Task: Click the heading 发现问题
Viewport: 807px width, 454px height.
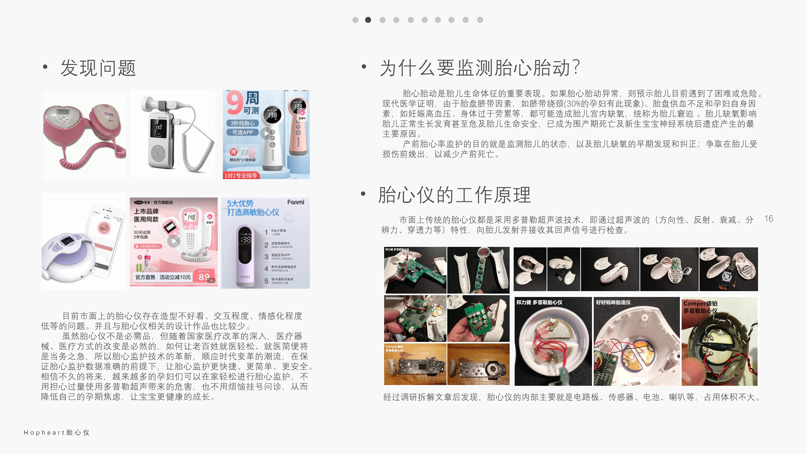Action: pyautogui.click(x=98, y=68)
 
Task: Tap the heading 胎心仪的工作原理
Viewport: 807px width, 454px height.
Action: pyautogui.click(x=454, y=195)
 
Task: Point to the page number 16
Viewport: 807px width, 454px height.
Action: pyautogui.click(x=768, y=219)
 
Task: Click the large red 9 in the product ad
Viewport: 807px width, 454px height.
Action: pyautogui.click(x=234, y=103)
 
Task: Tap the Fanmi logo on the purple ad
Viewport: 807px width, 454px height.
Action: pyautogui.click(x=295, y=202)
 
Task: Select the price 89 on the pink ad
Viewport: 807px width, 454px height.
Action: pyautogui.click(x=204, y=277)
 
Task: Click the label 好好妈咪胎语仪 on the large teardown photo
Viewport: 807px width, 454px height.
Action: pyautogui.click(x=613, y=302)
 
